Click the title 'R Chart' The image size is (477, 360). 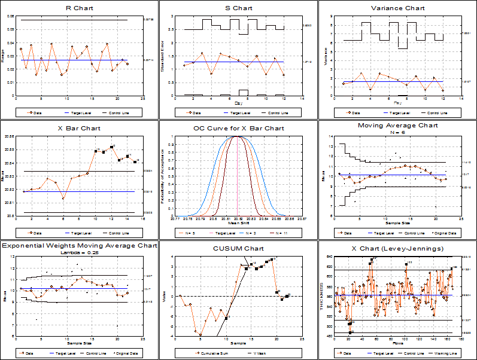pyautogui.click(x=79, y=8)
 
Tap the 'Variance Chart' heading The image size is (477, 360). pyautogui.click(x=397, y=8)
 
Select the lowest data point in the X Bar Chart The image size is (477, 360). pyautogui.click(x=63, y=198)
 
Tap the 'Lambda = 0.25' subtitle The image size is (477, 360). pyautogui.click(x=79, y=252)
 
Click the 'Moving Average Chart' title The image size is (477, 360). pyautogui.click(x=397, y=126)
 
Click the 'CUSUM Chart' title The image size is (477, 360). pyautogui.click(x=238, y=247)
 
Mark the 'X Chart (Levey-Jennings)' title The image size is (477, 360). pyautogui.click(x=397, y=247)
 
